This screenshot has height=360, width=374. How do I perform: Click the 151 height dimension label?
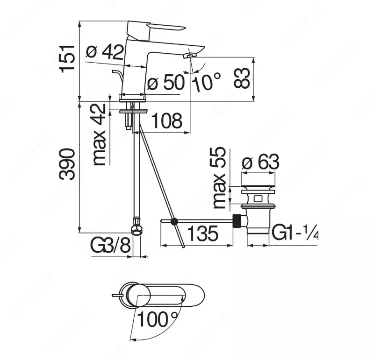[x=68, y=57]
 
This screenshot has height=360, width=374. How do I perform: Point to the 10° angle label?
[x=206, y=83]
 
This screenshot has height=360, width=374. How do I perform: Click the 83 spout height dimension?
[x=242, y=77]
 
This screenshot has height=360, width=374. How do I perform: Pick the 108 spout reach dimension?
[x=167, y=121]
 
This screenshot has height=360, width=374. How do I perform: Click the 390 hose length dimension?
[x=68, y=164]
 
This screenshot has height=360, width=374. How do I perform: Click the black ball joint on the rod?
[x=174, y=222]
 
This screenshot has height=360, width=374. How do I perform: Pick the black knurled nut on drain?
[x=239, y=221]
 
